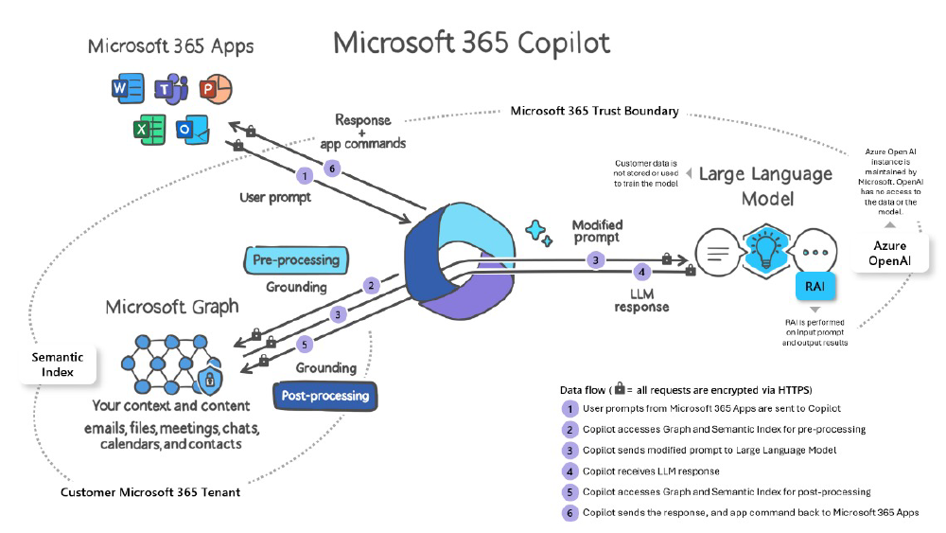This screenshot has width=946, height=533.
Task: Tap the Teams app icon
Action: [x=172, y=90]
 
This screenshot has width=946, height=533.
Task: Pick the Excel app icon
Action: [x=148, y=131]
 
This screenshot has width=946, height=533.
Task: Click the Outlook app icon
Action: [x=191, y=131]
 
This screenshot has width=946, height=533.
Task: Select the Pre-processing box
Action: [x=296, y=258]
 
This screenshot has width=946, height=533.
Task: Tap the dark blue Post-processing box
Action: [x=324, y=396]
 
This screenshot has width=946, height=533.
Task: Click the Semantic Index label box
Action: [x=58, y=364]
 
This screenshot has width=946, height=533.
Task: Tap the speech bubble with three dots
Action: [x=815, y=254]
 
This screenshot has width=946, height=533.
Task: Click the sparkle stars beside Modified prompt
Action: [x=539, y=232]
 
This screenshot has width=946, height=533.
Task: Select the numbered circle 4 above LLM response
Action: [x=641, y=272]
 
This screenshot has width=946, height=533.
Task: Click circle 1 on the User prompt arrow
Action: [x=305, y=175]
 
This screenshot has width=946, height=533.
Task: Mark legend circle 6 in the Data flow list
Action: [x=569, y=512]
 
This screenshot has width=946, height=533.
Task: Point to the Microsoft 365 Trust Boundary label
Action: [x=594, y=111]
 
